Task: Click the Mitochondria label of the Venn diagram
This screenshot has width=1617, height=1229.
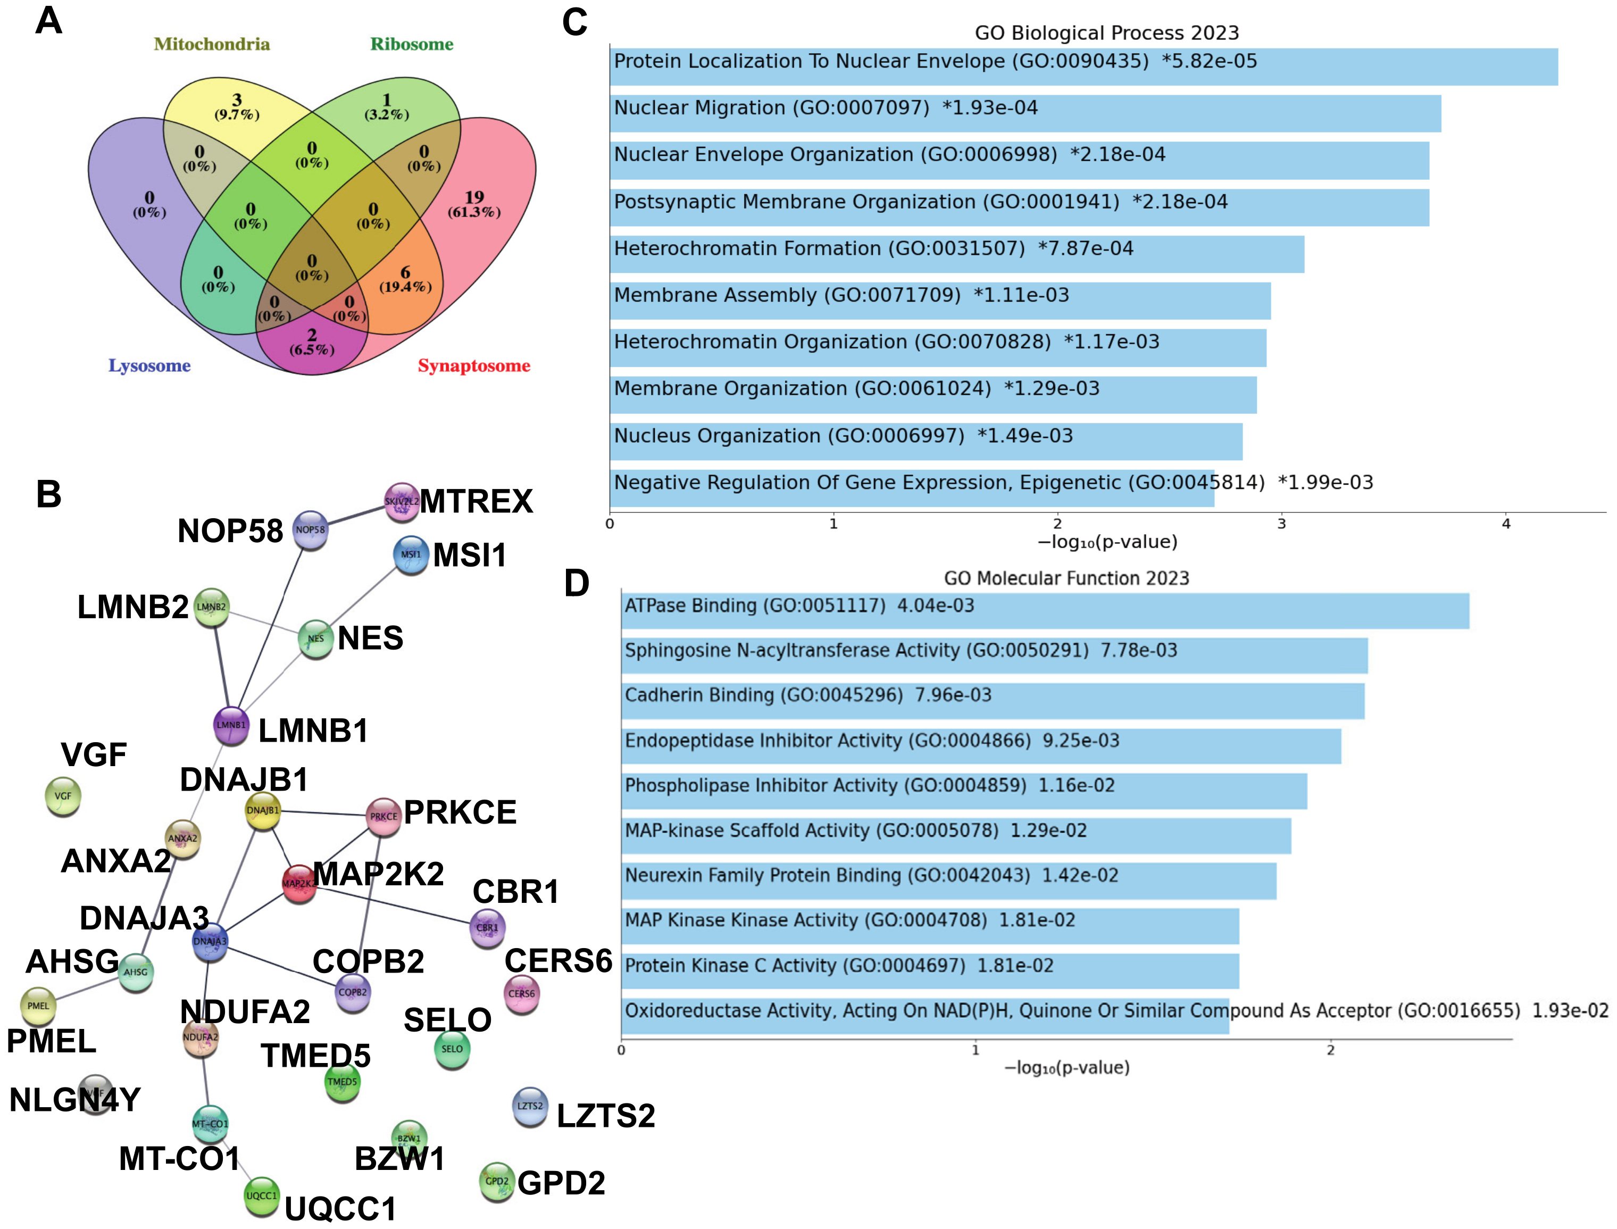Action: click(x=211, y=45)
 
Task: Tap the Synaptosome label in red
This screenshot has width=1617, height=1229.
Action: click(x=474, y=366)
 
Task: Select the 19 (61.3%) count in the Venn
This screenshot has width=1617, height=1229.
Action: click(x=474, y=204)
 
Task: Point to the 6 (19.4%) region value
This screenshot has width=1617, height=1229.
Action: click(x=405, y=279)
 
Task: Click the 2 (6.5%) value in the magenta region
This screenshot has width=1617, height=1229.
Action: click(x=312, y=342)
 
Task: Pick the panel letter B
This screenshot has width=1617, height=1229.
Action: click(x=48, y=495)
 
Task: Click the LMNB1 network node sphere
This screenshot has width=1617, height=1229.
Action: click(x=231, y=725)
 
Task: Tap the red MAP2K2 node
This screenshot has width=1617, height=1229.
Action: click(x=298, y=883)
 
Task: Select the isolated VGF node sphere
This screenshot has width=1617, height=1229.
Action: click(x=63, y=796)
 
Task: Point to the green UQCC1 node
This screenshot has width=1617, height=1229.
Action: click(x=261, y=1195)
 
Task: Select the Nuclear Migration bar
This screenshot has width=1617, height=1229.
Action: click(x=1024, y=114)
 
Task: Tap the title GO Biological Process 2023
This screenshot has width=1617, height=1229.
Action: click(x=1106, y=33)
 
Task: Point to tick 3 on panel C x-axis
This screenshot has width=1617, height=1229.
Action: click(x=1281, y=524)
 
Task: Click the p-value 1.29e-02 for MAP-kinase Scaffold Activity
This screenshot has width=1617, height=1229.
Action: click(x=1048, y=831)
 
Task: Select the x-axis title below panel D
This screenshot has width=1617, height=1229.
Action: click(x=1066, y=1068)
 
